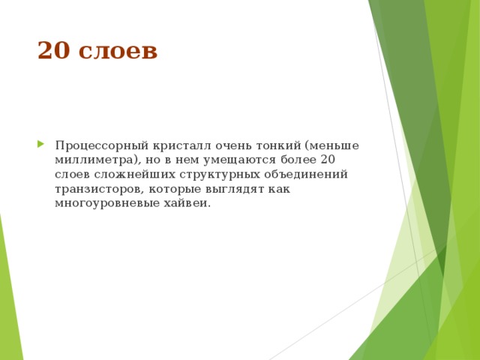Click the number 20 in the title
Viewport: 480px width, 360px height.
pyautogui.click(x=52, y=51)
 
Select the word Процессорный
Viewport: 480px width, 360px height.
pyautogui.click(x=99, y=145)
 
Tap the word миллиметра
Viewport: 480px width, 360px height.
pyautogui.click(x=94, y=160)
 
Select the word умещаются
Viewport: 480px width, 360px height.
pyautogui.click(x=234, y=160)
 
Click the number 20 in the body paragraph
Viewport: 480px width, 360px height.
pyautogui.click(x=327, y=160)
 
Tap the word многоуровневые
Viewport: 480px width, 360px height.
pyautogui.click(x=105, y=203)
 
